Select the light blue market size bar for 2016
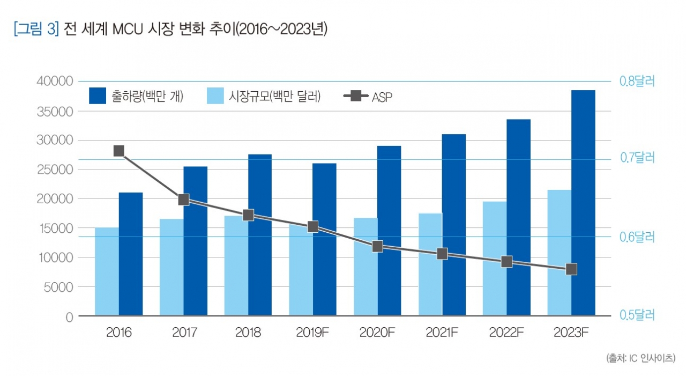coord(107,271)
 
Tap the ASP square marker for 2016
coord(119,151)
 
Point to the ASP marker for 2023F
coord(571,269)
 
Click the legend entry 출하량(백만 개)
coord(137,97)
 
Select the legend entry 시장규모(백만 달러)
coord(263,97)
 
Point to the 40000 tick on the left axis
coord(54,82)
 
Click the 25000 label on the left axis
coord(54,169)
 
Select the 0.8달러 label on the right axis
coord(637,82)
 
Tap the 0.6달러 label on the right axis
coord(637,237)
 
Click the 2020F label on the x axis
coord(377,333)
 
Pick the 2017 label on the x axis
coord(184,333)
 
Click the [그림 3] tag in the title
coord(35,29)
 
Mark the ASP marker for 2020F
coord(377,246)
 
